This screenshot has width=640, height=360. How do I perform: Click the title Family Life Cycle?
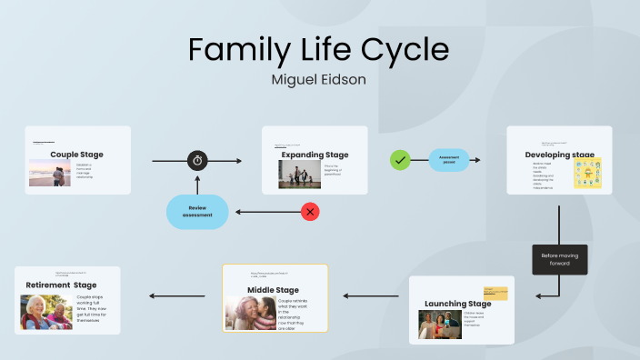click(x=319, y=48)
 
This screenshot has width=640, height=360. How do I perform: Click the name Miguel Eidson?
click(x=319, y=79)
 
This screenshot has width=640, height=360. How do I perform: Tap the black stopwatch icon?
click(x=197, y=161)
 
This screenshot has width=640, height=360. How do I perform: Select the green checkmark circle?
click(x=399, y=161)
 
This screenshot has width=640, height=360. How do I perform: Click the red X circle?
click(x=311, y=212)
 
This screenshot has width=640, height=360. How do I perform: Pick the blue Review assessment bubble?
click(x=197, y=212)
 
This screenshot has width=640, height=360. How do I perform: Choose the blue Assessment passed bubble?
click(x=449, y=161)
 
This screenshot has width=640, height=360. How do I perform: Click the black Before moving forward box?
click(x=559, y=259)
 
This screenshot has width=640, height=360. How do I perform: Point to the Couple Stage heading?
click(x=76, y=155)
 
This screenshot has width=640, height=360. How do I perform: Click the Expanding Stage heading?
click(x=315, y=155)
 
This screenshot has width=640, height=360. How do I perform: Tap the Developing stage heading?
click(x=559, y=155)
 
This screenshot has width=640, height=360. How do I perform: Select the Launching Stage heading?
click(x=457, y=304)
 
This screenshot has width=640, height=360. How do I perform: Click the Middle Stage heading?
click(x=274, y=290)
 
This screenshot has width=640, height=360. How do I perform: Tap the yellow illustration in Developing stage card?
click(x=587, y=173)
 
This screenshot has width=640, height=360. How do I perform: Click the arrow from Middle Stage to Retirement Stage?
click(x=177, y=295)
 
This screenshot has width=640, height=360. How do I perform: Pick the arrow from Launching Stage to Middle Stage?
click(x=370, y=295)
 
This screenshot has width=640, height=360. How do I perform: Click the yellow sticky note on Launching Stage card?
click(x=495, y=294)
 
